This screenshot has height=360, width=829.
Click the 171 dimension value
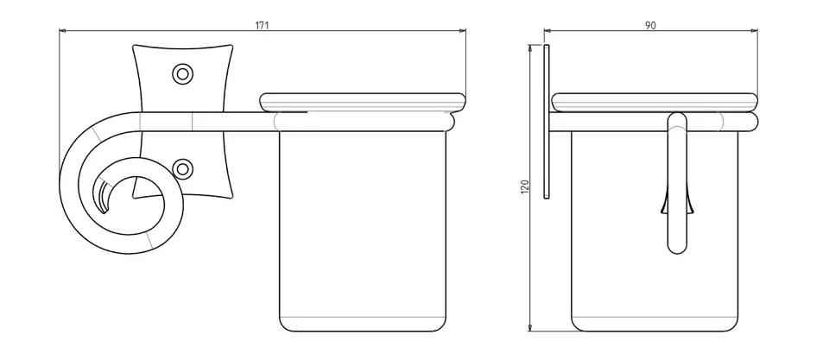click(x=263, y=25)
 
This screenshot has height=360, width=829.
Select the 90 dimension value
click(x=650, y=25)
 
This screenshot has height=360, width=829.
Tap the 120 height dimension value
click(x=524, y=186)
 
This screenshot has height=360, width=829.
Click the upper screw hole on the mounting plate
click(x=182, y=73)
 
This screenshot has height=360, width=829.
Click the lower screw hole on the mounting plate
click(x=182, y=169)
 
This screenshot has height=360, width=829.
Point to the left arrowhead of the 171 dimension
click(x=62, y=31)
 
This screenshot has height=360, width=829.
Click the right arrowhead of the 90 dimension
click(x=754, y=31)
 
